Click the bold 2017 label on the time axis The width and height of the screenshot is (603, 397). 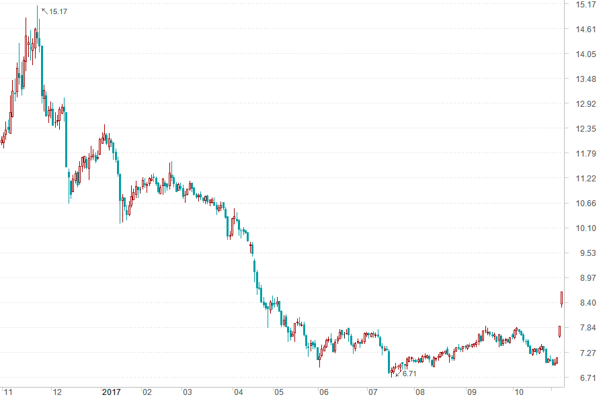pyautogui.click(x=111, y=392)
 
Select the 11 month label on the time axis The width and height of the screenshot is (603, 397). pyautogui.click(x=8, y=392)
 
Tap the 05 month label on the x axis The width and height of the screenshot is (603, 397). pyautogui.click(x=279, y=392)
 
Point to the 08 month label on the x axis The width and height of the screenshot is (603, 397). pyautogui.click(x=419, y=392)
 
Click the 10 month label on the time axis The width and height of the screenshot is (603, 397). pyautogui.click(x=518, y=392)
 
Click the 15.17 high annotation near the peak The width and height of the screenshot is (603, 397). pyautogui.click(x=58, y=12)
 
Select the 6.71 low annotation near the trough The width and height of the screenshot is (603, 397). pyautogui.click(x=409, y=373)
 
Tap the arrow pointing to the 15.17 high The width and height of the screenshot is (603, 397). pyautogui.click(x=44, y=10)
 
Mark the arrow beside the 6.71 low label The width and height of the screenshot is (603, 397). pyautogui.click(x=398, y=373)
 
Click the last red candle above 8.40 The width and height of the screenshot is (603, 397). pyautogui.click(x=562, y=299)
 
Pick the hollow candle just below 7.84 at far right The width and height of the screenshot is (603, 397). pyautogui.click(x=559, y=331)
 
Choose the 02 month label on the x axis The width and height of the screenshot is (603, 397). pyautogui.click(x=147, y=392)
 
